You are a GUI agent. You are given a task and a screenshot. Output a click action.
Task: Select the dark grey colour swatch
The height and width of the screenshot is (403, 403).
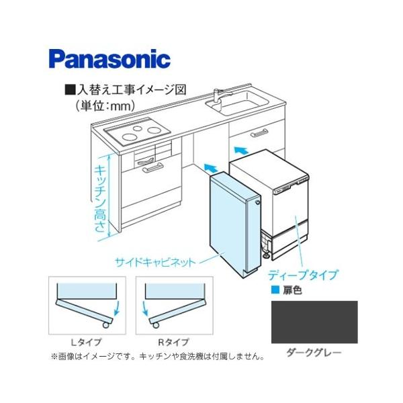click(314, 322)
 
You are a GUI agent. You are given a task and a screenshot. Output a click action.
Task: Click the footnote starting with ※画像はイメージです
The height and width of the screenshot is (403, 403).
click(157, 357)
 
